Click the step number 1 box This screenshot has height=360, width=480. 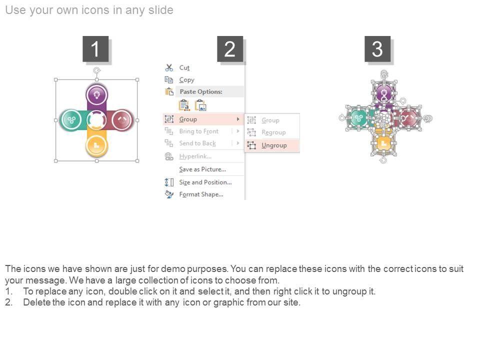(x=95, y=49)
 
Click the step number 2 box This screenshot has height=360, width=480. (x=230, y=49)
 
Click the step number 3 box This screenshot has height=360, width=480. (x=377, y=49)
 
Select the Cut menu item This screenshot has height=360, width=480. (x=184, y=67)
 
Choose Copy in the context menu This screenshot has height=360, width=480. (x=186, y=80)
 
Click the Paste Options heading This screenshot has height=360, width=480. (x=201, y=91)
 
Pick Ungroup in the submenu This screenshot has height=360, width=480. (x=274, y=145)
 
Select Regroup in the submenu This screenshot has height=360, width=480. (x=273, y=132)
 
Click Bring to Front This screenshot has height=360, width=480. (x=198, y=131)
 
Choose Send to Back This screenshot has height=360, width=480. (x=197, y=143)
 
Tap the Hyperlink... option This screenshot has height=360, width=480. (x=195, y=156)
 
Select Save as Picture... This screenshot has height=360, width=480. (x=202, y=169)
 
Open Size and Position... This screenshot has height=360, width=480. (x=205, y=182)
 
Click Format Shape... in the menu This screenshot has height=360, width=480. (x=201, y=194)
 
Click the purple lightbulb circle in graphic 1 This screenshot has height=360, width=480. (x=96, y=94)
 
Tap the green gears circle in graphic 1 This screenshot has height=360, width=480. (x=71, y=119)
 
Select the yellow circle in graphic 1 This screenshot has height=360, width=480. (x=96, y=145)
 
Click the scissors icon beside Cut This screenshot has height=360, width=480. (x=169, y=67)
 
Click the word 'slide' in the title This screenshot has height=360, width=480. (x=161, y=10)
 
